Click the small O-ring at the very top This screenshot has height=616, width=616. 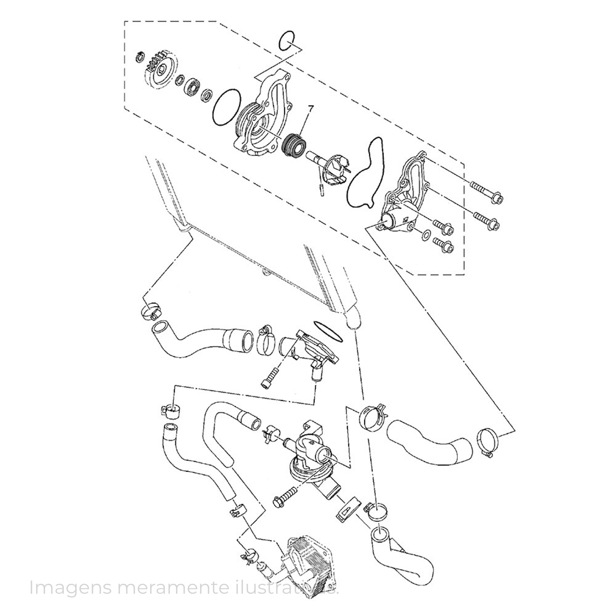tap(286, 41)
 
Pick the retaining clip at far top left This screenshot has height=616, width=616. tap(139, 57)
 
